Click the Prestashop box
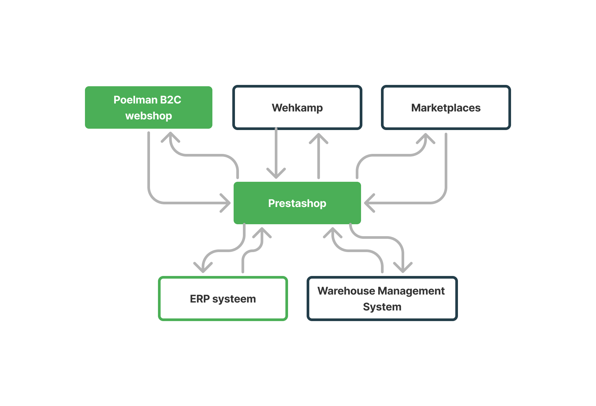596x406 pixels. pos(297,203)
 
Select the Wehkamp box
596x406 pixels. pos(297,107)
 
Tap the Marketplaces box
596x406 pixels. pos(446,107)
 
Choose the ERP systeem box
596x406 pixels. pos(223,299)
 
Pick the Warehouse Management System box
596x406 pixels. pos(382,299)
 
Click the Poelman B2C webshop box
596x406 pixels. pos(148,107)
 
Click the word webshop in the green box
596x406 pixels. pos(149,116)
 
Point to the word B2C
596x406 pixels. pos(171,100)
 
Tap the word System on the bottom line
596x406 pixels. pos(382,307)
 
